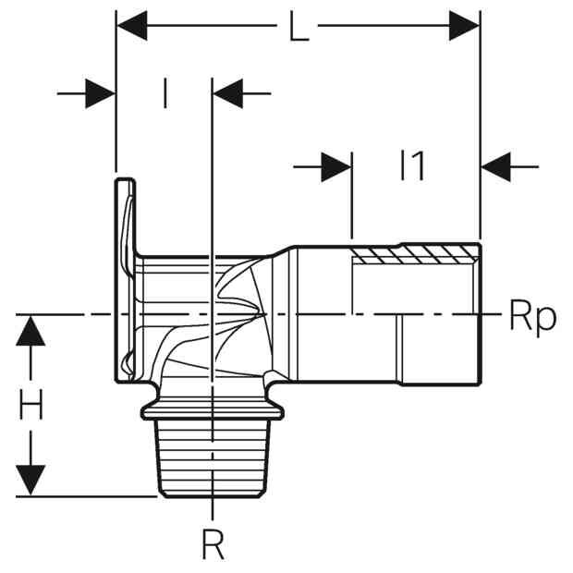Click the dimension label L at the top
pos(299,26)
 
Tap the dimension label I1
pos(412,166)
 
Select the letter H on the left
pos(30,404)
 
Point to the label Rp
pos(533,317)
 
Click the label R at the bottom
pos(213,544)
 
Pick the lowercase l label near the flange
pos(165,92)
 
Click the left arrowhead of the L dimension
pos(132,26)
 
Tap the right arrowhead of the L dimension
pos(464,26)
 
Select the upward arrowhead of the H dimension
pos(30,330)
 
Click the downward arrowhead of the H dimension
pos(30,481)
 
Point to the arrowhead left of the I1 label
pos(336,167)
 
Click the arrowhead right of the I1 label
pos(496,167)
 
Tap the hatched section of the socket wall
pos(415,253)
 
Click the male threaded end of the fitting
pos(213,457)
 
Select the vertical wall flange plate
pos(126,280)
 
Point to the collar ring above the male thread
pos(213,410)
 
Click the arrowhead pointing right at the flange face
pos(100,93)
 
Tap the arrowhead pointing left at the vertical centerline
pos(228,93)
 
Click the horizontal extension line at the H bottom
pos(87,496)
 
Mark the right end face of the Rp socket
pos(480,314)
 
